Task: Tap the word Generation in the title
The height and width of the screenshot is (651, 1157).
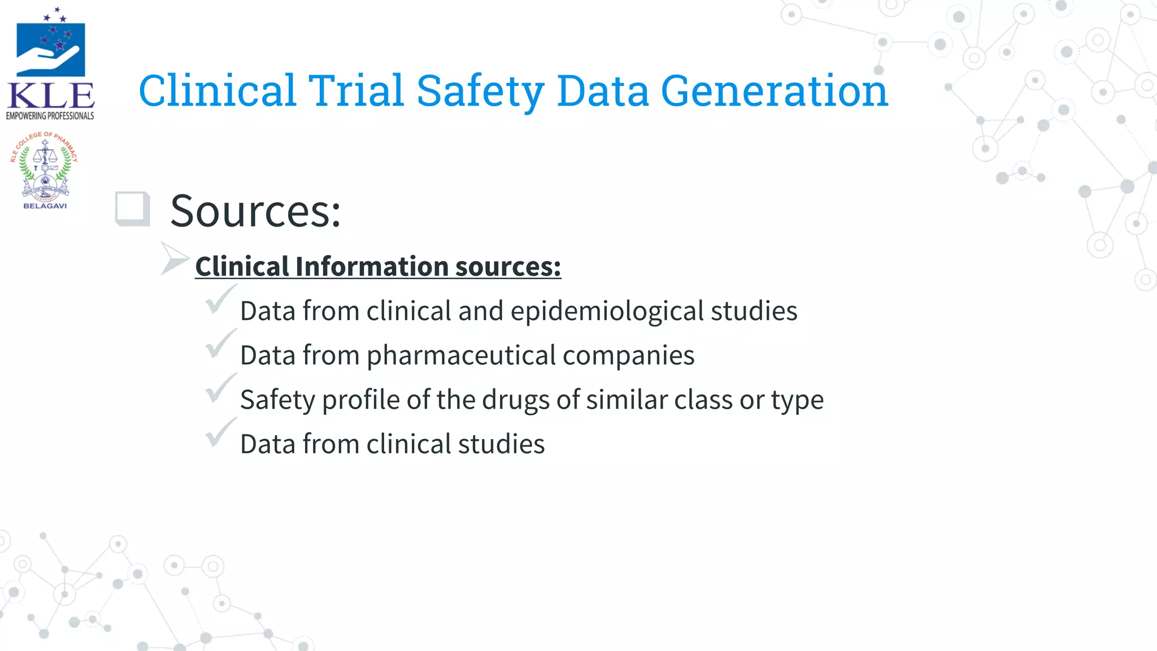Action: pos(774,92)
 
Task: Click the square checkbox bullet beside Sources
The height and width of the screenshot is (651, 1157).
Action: pos(132,209)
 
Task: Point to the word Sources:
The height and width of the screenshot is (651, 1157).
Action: pos(255,211)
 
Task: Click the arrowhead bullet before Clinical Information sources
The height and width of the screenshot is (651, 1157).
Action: pos(173,258)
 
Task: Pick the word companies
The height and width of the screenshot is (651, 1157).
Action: pos(628,355)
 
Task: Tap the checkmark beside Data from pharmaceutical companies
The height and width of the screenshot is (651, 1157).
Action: pos(219,344)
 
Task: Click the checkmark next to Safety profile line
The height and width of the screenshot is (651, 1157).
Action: pos(219,388)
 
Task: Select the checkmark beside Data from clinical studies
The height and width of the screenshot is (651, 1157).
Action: pos(219,432)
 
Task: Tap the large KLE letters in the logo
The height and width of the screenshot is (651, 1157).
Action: pos(51,96)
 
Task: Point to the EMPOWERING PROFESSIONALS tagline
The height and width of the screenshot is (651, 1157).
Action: pos(50,116)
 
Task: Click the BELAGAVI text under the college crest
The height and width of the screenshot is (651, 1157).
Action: pos(45,206)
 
